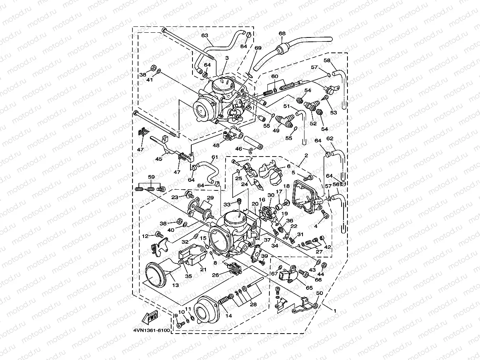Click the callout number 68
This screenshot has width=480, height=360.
click(x=282, y=34)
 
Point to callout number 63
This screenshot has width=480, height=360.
click(x=205, y=35)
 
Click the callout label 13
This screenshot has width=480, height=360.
click(x=175, y=285)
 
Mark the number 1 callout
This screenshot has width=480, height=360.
click(x=335, y=311)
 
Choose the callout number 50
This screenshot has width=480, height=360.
click(x=319, y=294)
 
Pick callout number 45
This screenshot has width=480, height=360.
click(x=158, y=159)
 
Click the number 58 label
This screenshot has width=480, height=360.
click(x=327, y=60)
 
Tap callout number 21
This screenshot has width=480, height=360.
click(x=204, y=270)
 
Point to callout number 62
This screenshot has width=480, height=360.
click(x=330, y=139)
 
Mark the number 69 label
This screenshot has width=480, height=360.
click(x=258, y=48)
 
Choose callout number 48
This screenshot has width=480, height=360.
click(x=216, y=145)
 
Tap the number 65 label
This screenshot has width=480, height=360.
click(x=309, y=288)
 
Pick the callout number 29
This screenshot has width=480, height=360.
click(x=210, y=198)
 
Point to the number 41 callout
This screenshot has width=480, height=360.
click(x=149, y=80)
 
